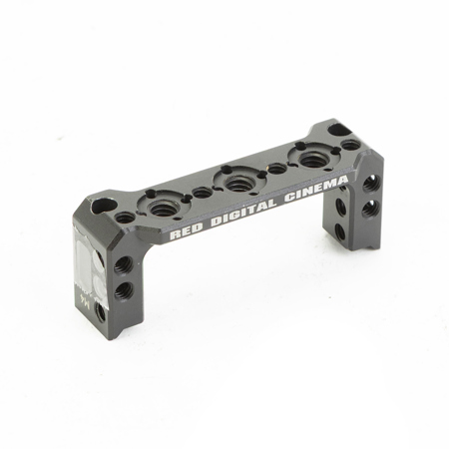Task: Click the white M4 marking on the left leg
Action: tap(84, 296)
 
